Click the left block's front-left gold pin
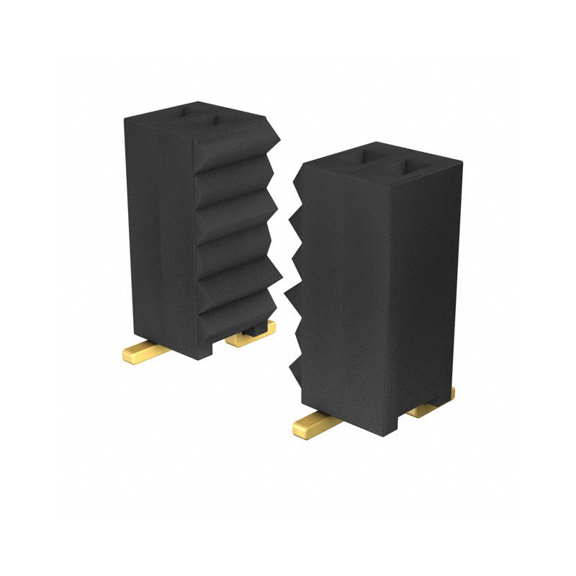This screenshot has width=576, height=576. click(144, 353)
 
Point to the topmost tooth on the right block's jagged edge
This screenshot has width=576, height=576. click(297, 184)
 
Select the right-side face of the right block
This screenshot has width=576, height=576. click(425, 288)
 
